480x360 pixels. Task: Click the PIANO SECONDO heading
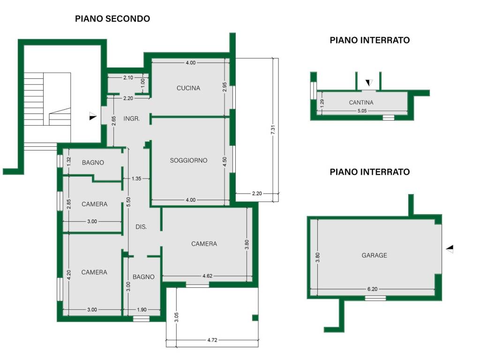point(112,19)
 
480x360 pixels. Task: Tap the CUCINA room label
point(188,88)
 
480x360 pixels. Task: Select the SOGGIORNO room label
point(188,160)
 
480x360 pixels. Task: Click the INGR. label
point(132,119)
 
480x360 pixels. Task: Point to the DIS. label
point(141,227)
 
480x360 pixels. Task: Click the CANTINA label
point(361,103)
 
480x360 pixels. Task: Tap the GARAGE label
point(374,255)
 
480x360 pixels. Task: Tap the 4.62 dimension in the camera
point(208,276)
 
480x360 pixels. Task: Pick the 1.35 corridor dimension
point(136,179)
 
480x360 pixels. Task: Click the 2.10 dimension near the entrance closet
point(128,77)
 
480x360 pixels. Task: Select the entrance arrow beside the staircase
point(93,116)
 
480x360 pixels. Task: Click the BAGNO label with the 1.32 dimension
point(93,163)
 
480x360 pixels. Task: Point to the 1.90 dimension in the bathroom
point(141,309)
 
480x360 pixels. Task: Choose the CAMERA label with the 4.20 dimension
point(94,272)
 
